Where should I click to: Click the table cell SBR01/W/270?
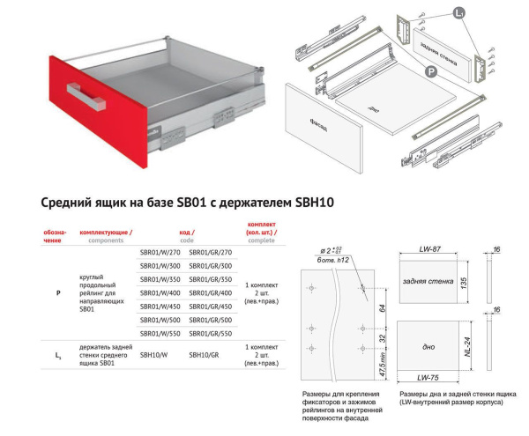(160, 253)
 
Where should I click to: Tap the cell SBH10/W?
(153, 356)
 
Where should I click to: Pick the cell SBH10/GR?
(204, 356)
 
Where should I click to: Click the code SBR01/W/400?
(160, 292)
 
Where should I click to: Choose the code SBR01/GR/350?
(211, 279)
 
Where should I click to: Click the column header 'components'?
(107, 240)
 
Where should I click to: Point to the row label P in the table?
(58, 292)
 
